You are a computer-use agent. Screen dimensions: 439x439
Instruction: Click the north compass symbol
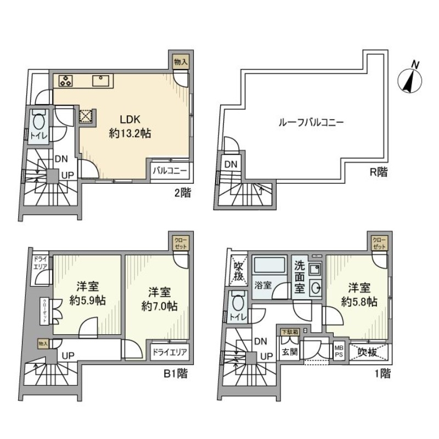pyautogui.click(x=410, y=79)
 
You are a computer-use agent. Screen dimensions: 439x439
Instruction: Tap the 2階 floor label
pyautogui.click(x=182, y=193)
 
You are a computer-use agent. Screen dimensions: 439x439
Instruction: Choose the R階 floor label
pyautogui.click(x=378, y=172)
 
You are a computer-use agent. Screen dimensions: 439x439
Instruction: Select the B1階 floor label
pyautogui.click(x=176, y=375)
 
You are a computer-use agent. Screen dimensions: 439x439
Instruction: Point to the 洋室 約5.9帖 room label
pyautogui.click(x=85, y=293)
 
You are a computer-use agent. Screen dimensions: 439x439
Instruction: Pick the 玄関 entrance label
pyautogui.click(x=290, y=352)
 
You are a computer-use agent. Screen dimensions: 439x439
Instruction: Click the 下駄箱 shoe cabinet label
pyautogui.click(x=290, y=332)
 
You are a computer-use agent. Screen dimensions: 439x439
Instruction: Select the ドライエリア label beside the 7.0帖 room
pyautogui.click(x=170, y=352)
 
